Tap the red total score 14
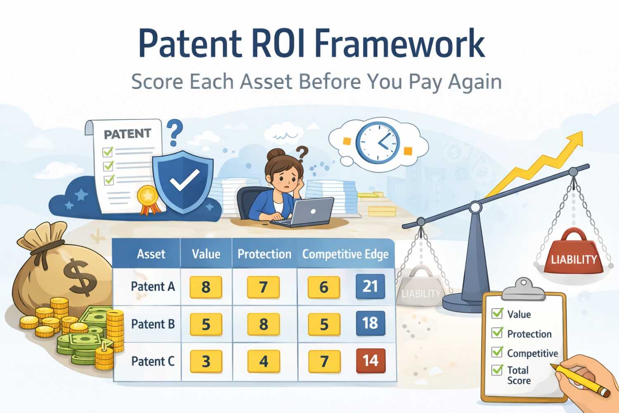click(370, 361)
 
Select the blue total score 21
click(370, 286)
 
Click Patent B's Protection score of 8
click(263, 324)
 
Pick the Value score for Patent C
click(206, 361)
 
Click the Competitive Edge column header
click(345, 254)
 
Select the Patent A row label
click(153, 286)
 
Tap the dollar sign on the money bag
click(81, 276)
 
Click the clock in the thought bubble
click(378, 142)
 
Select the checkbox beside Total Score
click(497, 370)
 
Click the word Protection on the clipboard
click(529, 334)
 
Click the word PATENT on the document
click(127, 134)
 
